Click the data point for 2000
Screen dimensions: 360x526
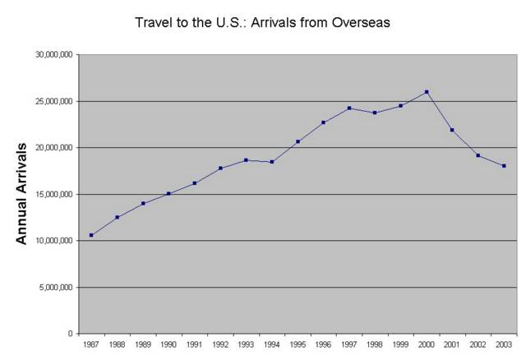427,92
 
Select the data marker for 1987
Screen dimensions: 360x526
91,235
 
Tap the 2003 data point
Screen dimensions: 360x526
504,166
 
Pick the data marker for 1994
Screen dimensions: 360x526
272,162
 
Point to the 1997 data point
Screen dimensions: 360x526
349,108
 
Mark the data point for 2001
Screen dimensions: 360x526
452,130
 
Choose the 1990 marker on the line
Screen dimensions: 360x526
168,194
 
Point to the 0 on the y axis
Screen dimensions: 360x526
72,334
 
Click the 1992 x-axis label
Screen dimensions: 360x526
219,344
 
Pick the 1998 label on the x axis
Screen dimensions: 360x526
375,344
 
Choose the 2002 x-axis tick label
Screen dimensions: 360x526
478,344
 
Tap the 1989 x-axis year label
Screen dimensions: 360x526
142,344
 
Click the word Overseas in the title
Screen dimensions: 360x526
359,22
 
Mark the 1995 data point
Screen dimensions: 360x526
298,141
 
